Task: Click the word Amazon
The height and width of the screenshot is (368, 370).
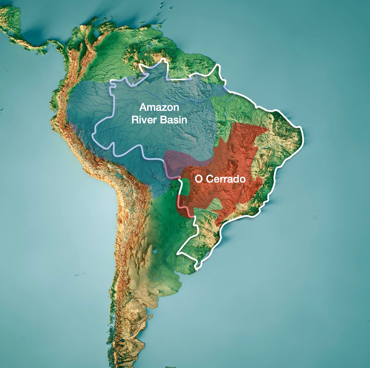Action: (159, 107)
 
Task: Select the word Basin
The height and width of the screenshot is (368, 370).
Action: (173, 120)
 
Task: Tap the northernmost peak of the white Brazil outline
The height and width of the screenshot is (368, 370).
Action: (164, 59)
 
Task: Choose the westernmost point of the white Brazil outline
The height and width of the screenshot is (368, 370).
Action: (93, 134)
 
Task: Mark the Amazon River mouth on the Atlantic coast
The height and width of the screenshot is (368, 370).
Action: (227, 89)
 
